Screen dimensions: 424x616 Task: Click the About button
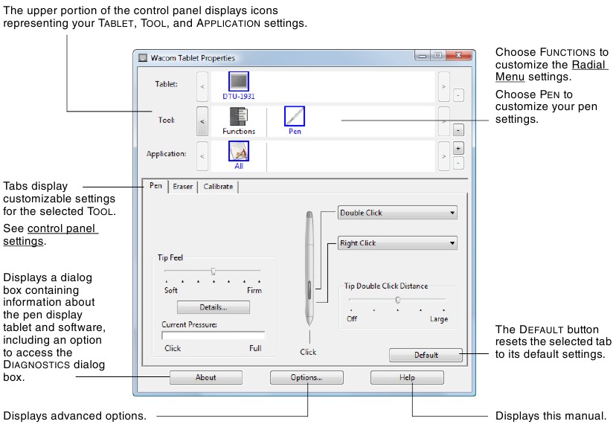click(x=205, y=378)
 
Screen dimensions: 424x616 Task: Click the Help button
click(x=407, y=378)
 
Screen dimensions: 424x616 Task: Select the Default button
click(x=426, y=356)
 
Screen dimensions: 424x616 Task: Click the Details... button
click(x=213, y=307)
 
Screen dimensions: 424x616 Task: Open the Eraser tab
click(x=183, y=187)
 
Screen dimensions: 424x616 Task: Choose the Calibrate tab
click(x=218, y=187)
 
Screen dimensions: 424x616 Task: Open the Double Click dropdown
click(x=397, y=213)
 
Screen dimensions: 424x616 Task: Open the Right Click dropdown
click(x=397, y=243)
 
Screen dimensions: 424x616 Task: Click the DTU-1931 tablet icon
click(x=239, y=82)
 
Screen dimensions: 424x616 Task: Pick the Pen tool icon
click(x=295, y=117)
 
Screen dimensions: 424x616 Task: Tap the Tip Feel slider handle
click(x=214, y=271)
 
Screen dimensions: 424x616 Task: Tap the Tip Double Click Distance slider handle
click(x=398, y=300)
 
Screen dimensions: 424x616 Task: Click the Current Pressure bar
click(x=213, y=335)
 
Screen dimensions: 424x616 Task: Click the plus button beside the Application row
click(x=458, y=147)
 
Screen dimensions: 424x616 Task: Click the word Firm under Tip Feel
click(x=254, y=291)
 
